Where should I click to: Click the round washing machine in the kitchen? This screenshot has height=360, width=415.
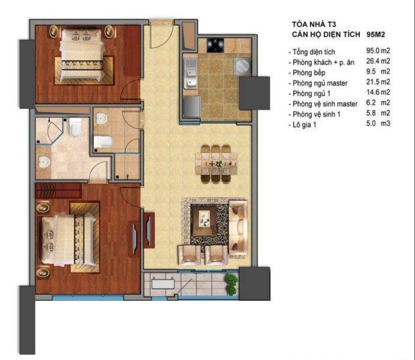click(242, 66)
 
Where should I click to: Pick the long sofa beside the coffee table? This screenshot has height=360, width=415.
click(238, 221)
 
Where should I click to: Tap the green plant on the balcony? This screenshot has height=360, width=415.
click(232, 284)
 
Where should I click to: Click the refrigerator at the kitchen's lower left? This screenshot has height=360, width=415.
click(192, 106)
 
